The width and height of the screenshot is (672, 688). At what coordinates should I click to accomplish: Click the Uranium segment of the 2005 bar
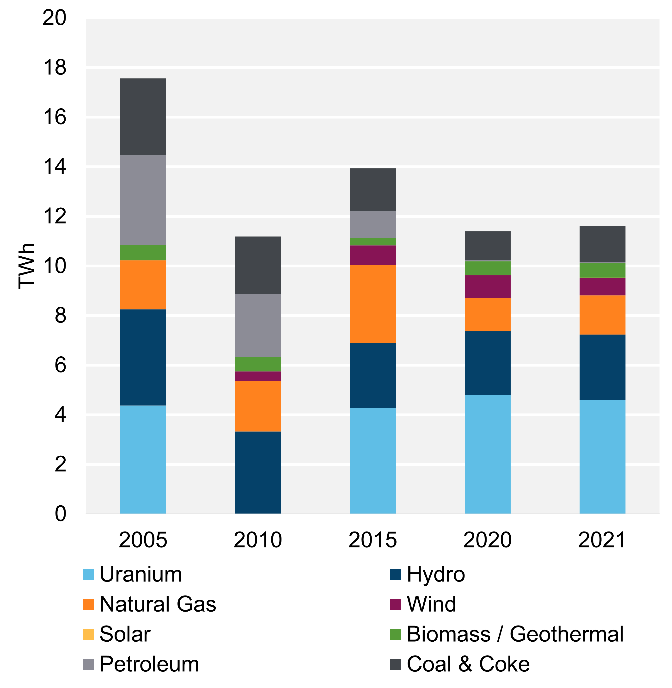[x=143, y=459]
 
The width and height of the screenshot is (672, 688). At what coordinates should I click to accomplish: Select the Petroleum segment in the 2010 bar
[x=258, y=325]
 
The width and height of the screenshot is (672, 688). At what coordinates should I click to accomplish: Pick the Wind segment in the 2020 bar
[x=487, y=286]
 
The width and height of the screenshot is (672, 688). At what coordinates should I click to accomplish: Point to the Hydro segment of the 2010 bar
[x=258, y=472]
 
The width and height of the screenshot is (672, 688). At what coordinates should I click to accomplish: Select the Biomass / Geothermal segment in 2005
[x=143, y=253]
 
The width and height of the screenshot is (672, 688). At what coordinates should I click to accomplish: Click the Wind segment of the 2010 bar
[x=258, y=376]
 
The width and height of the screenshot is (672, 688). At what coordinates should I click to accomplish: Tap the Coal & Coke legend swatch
[x=396, y=664]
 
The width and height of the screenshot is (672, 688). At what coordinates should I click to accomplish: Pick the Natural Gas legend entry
[x=157, y=604]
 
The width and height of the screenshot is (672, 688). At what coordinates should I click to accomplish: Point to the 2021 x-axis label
[x=602, y=540]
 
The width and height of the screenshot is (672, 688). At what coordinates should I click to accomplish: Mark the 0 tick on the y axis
[x=60, y=514]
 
